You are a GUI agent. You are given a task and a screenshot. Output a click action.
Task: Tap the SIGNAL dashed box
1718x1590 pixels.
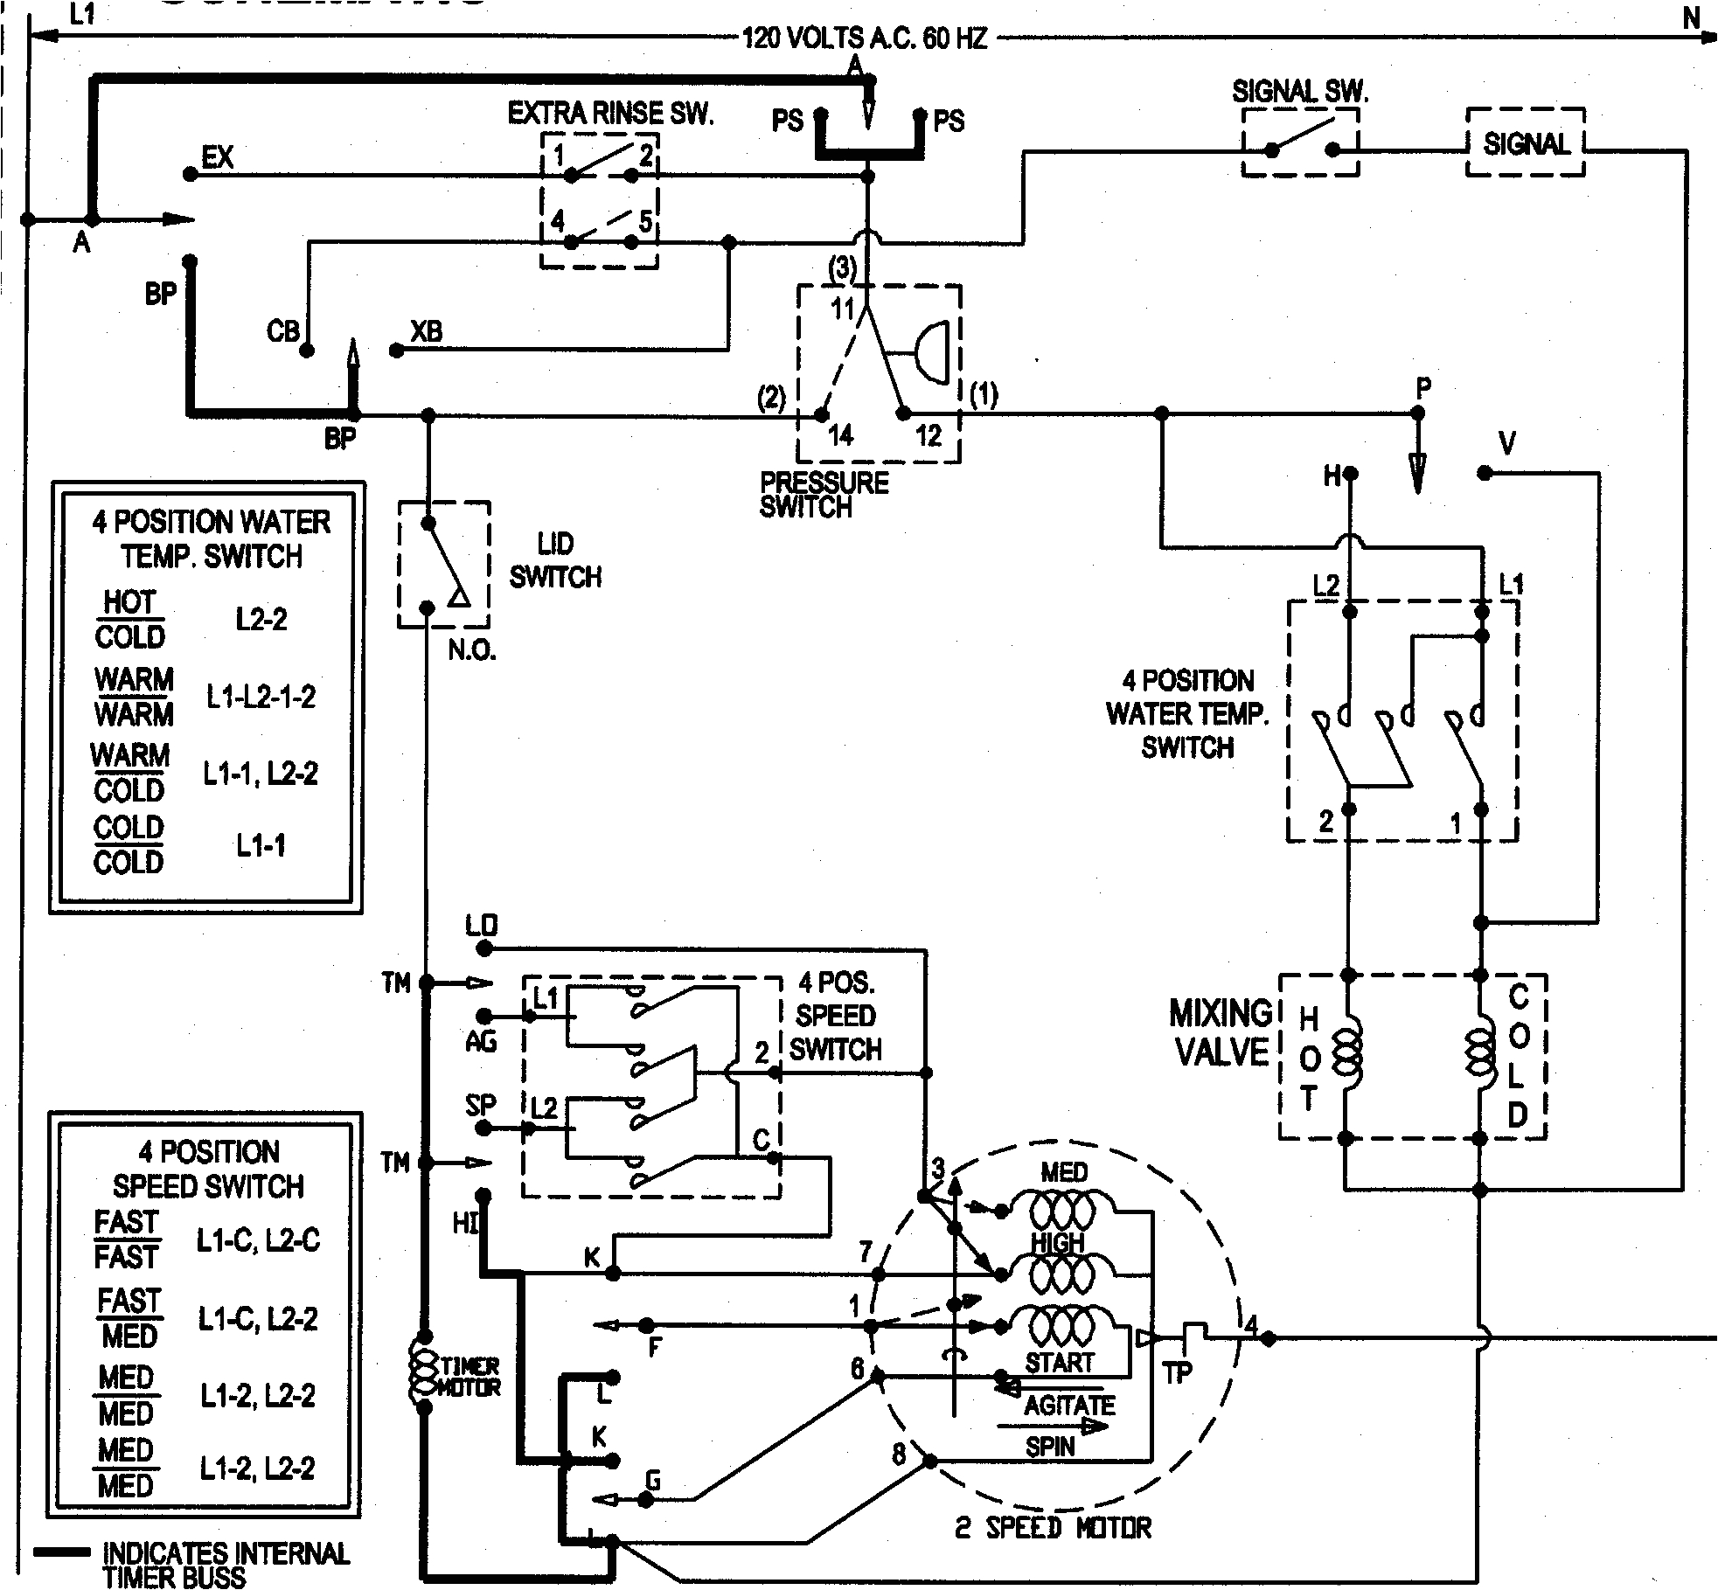click(1525, 143)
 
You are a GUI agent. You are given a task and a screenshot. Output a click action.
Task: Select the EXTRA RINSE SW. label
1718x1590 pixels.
click(610, 113)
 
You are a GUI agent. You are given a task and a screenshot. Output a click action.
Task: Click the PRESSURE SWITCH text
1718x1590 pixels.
click(823, 495)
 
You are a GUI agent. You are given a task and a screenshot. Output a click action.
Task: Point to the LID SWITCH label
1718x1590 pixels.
click(555, 560)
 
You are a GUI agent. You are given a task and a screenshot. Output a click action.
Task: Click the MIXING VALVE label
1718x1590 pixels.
click(1221, 1032)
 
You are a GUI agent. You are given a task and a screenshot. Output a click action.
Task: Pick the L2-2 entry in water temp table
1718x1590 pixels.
click(261, 620)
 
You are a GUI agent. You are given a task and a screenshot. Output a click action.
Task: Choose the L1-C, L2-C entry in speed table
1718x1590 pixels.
click(258, 1240)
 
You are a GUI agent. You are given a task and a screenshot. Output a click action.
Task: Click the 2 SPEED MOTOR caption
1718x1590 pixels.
click(1052, 1527)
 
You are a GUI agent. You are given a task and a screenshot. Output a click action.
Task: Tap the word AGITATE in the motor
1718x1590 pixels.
click(1069, 1406)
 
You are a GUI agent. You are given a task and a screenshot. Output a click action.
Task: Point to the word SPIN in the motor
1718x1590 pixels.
click(1050, 1447)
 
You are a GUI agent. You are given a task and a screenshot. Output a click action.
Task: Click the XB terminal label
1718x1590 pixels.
click(427, 332)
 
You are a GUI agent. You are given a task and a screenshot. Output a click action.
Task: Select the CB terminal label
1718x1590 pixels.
click(282, 332)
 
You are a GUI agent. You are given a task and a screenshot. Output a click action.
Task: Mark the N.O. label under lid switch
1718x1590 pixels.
click(472, 651)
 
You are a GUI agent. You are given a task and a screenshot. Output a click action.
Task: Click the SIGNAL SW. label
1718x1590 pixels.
click(1299, 92)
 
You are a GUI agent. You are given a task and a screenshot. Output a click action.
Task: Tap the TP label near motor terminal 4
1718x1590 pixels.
click(1178, 1373)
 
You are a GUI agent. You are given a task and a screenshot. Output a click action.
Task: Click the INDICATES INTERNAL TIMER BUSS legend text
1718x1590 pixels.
click(226, 1565)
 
